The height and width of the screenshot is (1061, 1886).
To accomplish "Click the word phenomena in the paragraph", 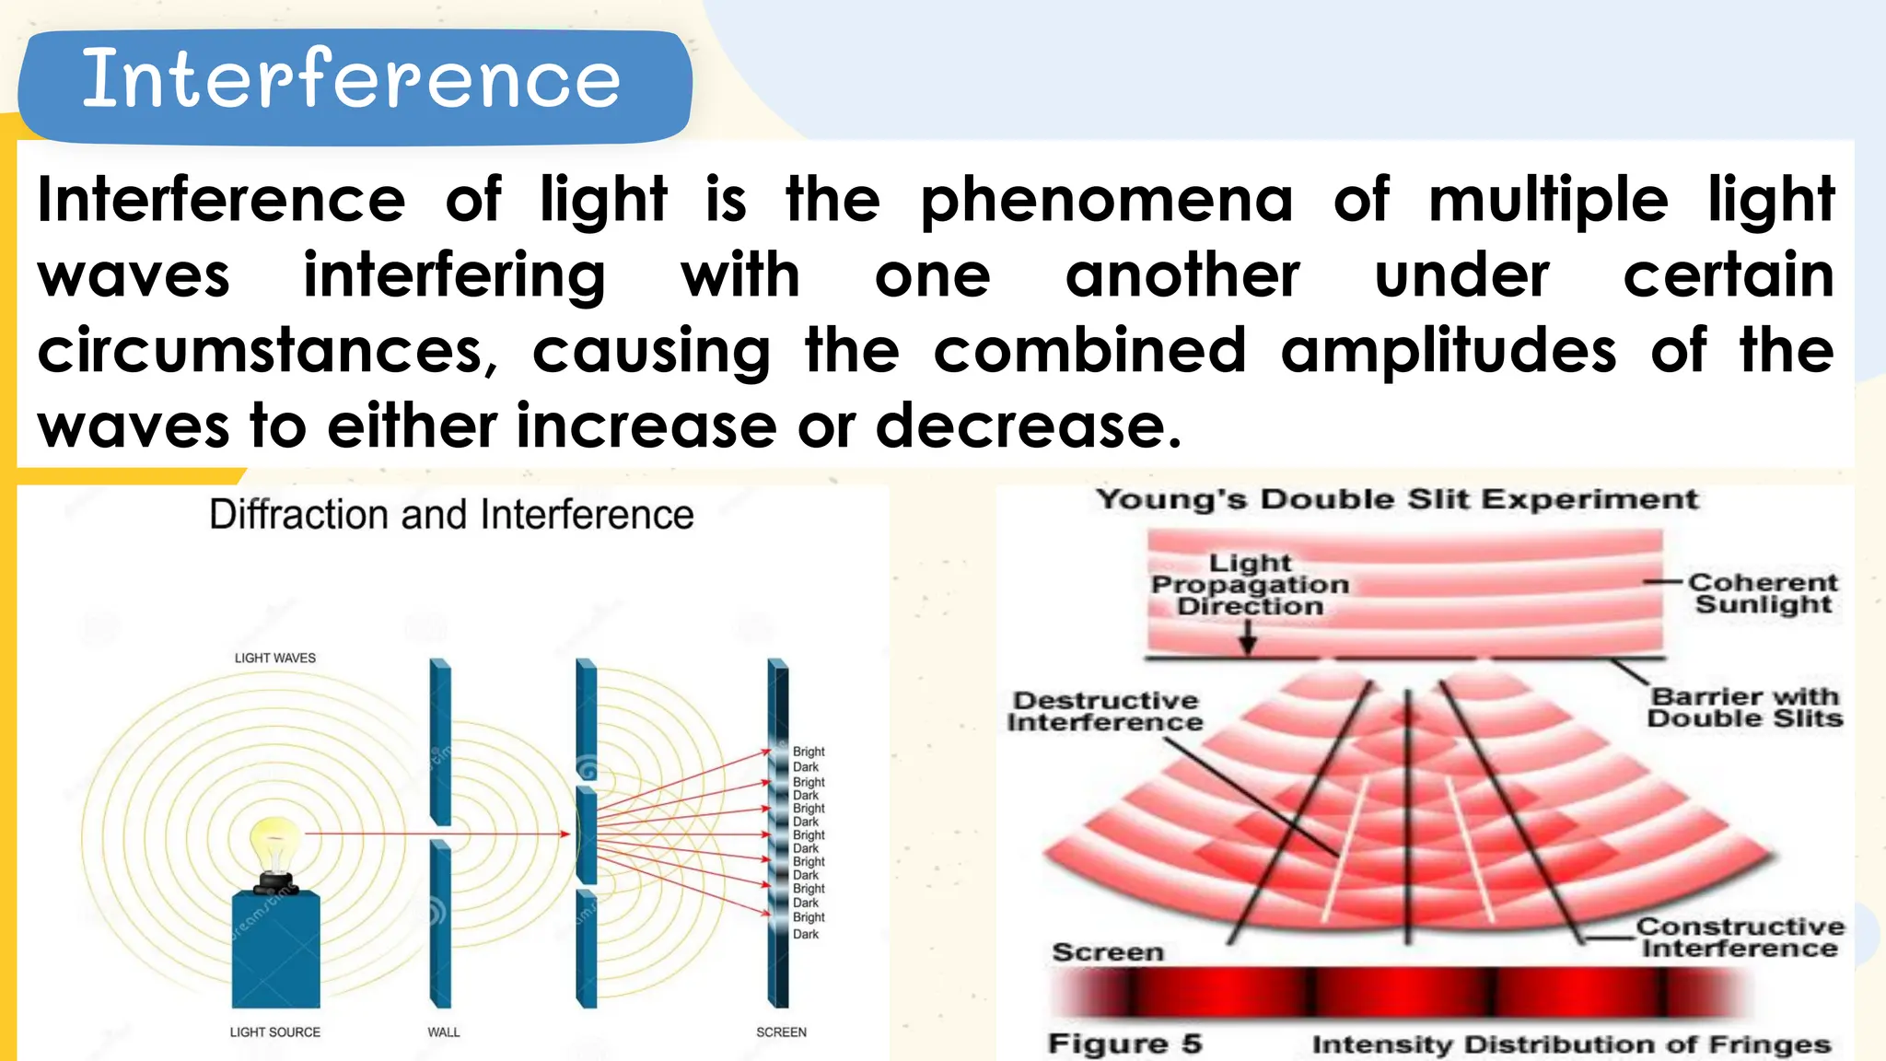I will (x=1107, y=200).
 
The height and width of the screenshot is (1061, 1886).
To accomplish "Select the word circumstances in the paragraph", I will (x=267, y=351).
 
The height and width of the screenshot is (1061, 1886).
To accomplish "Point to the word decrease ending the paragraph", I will (x=1027, y=426).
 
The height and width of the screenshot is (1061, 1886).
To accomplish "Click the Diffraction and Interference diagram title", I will (x=451, y=515).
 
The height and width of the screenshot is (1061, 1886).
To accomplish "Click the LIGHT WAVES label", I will (x=274, y=658).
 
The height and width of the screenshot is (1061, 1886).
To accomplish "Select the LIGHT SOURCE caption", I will (x=274, y=1032).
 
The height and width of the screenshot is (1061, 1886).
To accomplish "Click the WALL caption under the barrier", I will (x=443, y=1032).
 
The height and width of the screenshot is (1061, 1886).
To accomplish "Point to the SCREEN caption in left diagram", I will (x=781, y=1032).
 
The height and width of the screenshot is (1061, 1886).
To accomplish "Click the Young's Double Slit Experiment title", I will (x=1396, y=500).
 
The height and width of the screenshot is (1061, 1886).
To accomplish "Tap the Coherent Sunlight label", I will (x=1763, y=593).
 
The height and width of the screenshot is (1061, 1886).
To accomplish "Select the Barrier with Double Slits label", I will (x=1745, y=707).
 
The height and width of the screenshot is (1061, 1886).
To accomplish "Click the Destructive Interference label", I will (x=1105, y=712).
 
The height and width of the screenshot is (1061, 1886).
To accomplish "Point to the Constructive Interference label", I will (x=1740, y=938).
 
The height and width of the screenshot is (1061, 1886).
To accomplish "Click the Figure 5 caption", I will (x=1124, y=1044).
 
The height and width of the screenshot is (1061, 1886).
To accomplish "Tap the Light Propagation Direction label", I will (x=1250, y=584).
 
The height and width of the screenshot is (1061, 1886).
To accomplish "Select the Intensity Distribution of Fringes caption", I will (x=1571, y=1044).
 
